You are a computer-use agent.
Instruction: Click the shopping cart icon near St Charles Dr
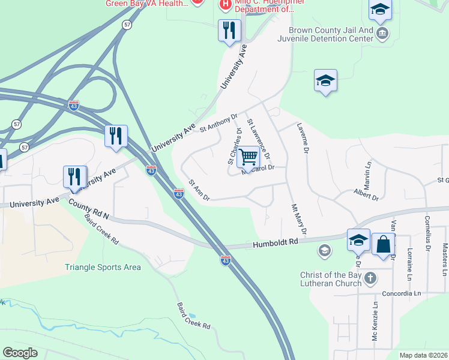pyautogui.click(x=249, y=158)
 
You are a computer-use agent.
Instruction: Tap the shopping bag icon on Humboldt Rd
pyautogui.click(x=383, y=245)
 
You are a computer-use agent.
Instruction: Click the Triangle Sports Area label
pyautogui.click(x=103, y=267)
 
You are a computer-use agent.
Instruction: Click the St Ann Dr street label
pyautogui.click(x=199, y=190)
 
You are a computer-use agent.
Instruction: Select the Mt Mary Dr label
pyautogui.click(x=299, y=220)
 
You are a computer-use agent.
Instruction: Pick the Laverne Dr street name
pyautogui.click(x=302, y=139)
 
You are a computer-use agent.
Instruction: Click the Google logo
pyautogui.click(x=20, y=352)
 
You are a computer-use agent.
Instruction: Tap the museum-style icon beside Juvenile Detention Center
pyautogui.click(x=382, y=32)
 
